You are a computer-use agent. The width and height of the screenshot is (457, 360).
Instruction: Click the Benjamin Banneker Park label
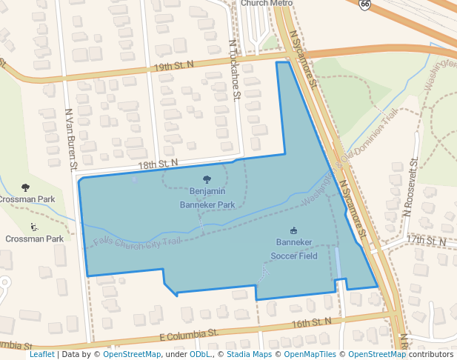point(207,198)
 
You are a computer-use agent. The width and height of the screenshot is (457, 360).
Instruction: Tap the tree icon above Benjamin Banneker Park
point(207,179)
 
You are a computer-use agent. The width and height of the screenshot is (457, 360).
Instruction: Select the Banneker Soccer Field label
point(293,249)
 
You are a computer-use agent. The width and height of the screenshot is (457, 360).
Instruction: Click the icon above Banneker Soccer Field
point(293,230)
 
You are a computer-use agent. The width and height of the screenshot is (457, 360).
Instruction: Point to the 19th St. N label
point(173,66)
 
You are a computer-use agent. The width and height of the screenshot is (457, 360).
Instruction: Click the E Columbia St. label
point(189,336)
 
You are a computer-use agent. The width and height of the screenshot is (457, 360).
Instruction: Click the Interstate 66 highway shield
point(364,4)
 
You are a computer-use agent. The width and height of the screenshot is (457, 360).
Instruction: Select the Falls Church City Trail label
point(138,241)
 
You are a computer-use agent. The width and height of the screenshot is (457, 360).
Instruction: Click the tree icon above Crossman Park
point(26,187)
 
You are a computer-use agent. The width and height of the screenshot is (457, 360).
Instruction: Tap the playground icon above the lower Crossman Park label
point(33,227)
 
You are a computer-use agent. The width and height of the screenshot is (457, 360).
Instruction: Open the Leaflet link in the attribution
point(41,354)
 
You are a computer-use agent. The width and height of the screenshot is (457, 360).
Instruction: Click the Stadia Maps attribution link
point(249,354)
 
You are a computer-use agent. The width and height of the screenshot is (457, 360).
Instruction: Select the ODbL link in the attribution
point(200,354)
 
